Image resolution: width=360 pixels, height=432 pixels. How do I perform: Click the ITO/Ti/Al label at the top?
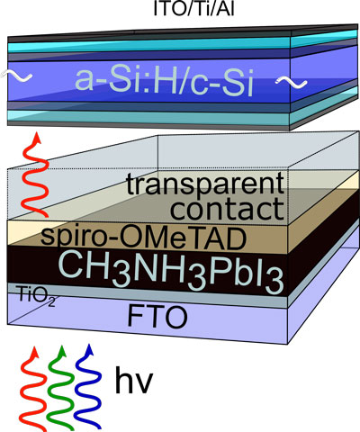193,9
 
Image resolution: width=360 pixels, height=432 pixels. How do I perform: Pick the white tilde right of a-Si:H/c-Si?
291,81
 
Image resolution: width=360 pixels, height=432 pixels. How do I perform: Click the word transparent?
205,184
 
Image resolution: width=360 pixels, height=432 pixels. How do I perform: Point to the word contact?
227,209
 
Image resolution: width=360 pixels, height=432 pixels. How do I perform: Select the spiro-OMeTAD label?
143,238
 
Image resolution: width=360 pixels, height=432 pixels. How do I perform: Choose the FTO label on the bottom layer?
157,317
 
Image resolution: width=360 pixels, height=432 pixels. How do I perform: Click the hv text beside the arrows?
134,380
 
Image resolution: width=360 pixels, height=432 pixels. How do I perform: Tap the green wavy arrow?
60,388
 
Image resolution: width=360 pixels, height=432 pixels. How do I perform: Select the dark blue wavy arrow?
88,386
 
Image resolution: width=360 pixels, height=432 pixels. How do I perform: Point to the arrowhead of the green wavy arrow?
62,350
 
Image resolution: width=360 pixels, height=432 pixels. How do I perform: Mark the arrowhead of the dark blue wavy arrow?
89,349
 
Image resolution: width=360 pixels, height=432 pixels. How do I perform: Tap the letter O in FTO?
175,318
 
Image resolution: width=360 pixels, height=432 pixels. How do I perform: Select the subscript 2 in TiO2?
51,302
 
